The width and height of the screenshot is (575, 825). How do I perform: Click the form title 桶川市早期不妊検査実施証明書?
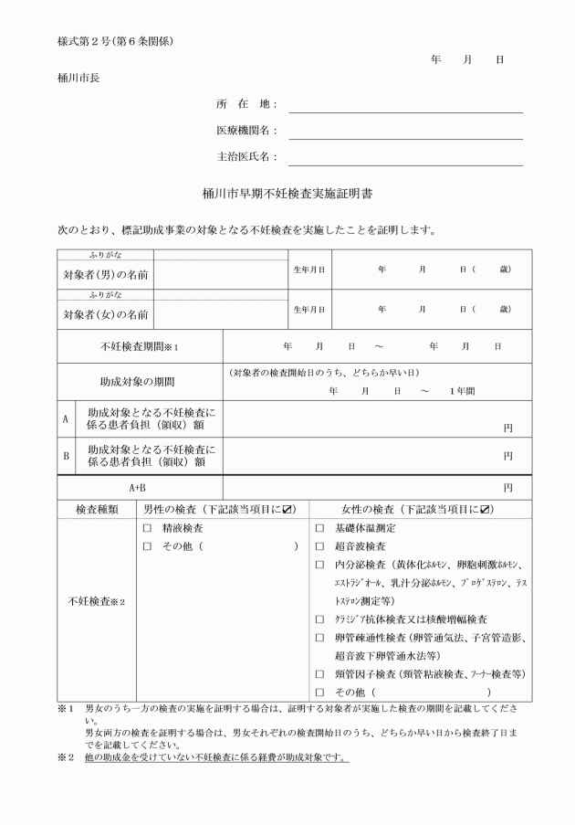pyautogui.click(x=287, y=195)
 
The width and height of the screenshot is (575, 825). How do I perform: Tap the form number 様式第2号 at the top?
pyautogui.click(x=80, y=42)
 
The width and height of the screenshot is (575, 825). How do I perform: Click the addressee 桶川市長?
pyautogui.click(x=78, y=77)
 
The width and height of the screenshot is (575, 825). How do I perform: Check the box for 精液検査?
pyautogui.click(x=147, y=528)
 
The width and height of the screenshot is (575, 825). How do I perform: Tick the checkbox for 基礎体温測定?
pyautogui.click(x=319, y=528)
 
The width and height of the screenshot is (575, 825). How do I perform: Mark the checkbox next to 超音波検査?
pyautogui.click(x=319, y=545)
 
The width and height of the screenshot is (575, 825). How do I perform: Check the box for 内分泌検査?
pyautogui.click(x=319, y=564)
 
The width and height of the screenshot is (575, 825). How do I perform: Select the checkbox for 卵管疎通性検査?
pyautogui.click(x=319, y=637)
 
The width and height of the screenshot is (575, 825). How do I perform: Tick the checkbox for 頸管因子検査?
pyautogui.click(x=319, y=673)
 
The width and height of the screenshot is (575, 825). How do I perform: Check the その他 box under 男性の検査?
pyautogui.click(x=147, y=546)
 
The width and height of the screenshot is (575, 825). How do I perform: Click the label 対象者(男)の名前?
pyautogui.click(x=106, y=274)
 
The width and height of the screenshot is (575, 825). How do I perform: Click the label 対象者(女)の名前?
pyautogui.click(x=106, y=315)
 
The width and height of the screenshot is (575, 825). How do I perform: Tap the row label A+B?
pyautogui.click(x=140, y=488)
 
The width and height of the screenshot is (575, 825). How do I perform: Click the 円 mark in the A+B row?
pyautogui.click(x=507, y=488)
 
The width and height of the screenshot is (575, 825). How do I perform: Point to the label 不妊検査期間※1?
pyautogui.click(x=140, y=347)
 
